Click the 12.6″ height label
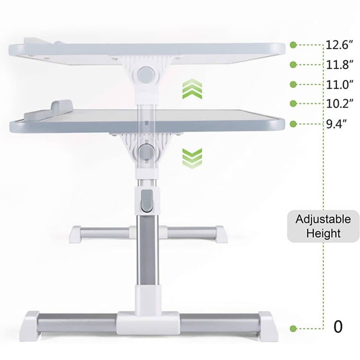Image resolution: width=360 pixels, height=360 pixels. point(339,45)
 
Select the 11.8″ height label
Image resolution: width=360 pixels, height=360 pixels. point(339,65)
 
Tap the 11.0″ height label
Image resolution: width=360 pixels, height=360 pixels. point(339,85)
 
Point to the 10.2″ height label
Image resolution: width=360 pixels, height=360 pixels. point(339,104)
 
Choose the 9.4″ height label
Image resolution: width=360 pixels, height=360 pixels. point(336,124)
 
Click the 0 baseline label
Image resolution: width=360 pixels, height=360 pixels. point(338,327)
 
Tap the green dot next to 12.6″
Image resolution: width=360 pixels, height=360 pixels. point(293,45)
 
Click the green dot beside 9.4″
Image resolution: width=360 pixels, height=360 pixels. point(293,124)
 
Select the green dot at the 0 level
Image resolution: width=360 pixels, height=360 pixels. point(293,328)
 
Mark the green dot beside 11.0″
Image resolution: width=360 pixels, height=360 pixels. point(293,85)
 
